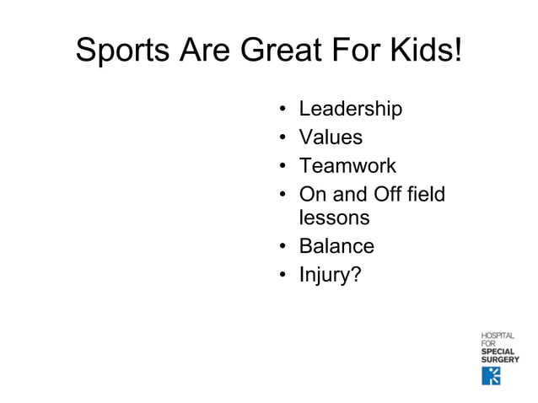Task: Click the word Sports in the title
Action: coord(121,51)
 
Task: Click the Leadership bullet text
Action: coord(350,110)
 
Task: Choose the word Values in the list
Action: coord(331,137)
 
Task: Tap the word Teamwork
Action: coord(347,165)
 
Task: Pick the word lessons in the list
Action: coord(334,218)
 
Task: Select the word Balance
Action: coord(336,246)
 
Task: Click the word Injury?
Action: coord(330,275)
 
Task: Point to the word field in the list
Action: coord(424,194)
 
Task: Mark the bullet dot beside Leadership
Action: coord(282,110)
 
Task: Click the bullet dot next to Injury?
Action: coord(282,275)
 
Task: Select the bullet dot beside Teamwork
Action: coord(282,166)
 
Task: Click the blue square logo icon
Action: coord(491,375)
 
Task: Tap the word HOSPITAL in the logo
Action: coord(498,336)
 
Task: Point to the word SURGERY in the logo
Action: coord(500,359)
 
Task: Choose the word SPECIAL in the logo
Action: coord(498,352)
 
